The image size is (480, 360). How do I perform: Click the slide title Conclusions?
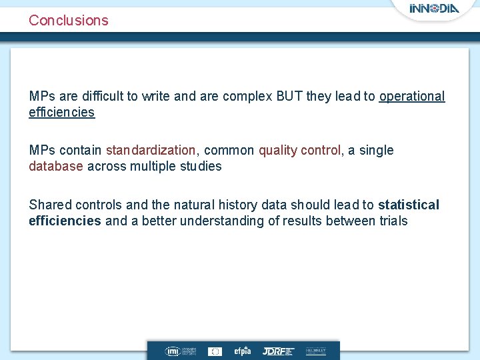pyautogui.click(x=68, y=20)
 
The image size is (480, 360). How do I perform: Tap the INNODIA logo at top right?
pyautogui.click(x=433, y=9)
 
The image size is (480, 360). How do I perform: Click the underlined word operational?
pyautogui.click(x=411, y=96)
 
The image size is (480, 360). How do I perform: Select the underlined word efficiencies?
pyautogui.click(x=61, y=112)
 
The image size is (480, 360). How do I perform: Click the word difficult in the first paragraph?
pyautogui.click(x=95, y=96)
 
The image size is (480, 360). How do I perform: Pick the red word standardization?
pyautogui.click(x=151, y=150)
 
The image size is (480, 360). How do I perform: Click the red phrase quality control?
pyautogui.click(x=299, y=150)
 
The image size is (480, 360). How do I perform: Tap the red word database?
pyautogui.click(x=56, y=166)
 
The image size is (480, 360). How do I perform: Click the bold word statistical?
pyautogui.click(x=409, y=205)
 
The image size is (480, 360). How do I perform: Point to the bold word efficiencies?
pyautogui.click(x=65, y=221)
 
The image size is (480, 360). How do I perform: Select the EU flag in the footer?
pyautogui.click(x=215, y=351)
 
